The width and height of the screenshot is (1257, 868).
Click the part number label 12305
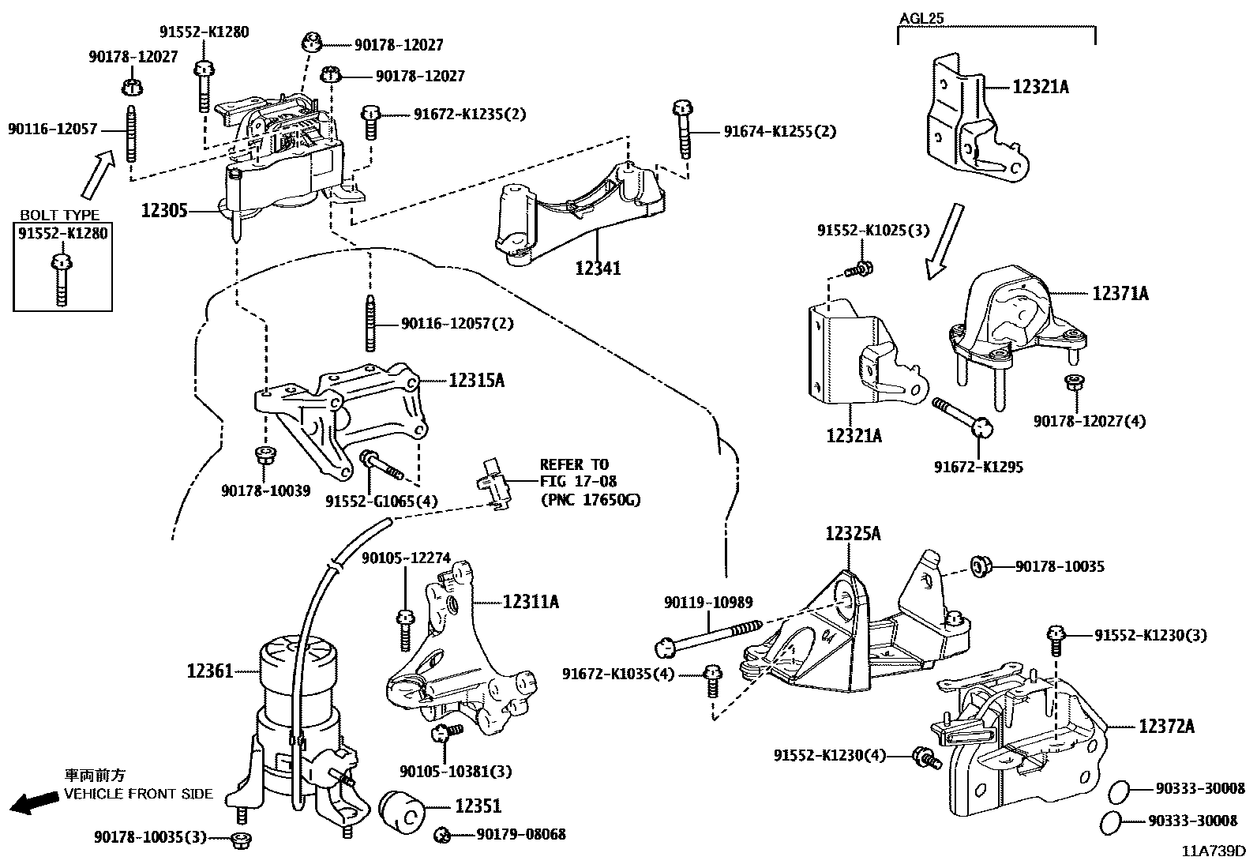click(x=164, y=211)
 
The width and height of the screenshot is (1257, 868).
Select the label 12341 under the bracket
click(x=598, y=269)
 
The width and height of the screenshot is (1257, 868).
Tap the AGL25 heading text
click(x=922, y=17)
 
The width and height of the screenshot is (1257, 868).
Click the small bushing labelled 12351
click(x=403, y=810)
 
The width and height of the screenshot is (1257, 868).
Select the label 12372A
click(x=1165, y=727)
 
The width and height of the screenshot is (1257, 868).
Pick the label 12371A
click(x=1120, y=294)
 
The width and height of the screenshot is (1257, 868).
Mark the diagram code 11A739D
click(x=1213, y=851)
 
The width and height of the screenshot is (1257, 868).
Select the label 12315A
click(x=476, y=381)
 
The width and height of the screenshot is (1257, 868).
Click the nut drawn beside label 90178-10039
click(x=264, y=455)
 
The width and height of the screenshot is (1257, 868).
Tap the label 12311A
click(x=531, y=602)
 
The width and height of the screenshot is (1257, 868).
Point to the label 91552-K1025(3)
click(x=873, y=231)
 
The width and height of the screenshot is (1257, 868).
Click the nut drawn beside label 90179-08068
click(x=443, y=834)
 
